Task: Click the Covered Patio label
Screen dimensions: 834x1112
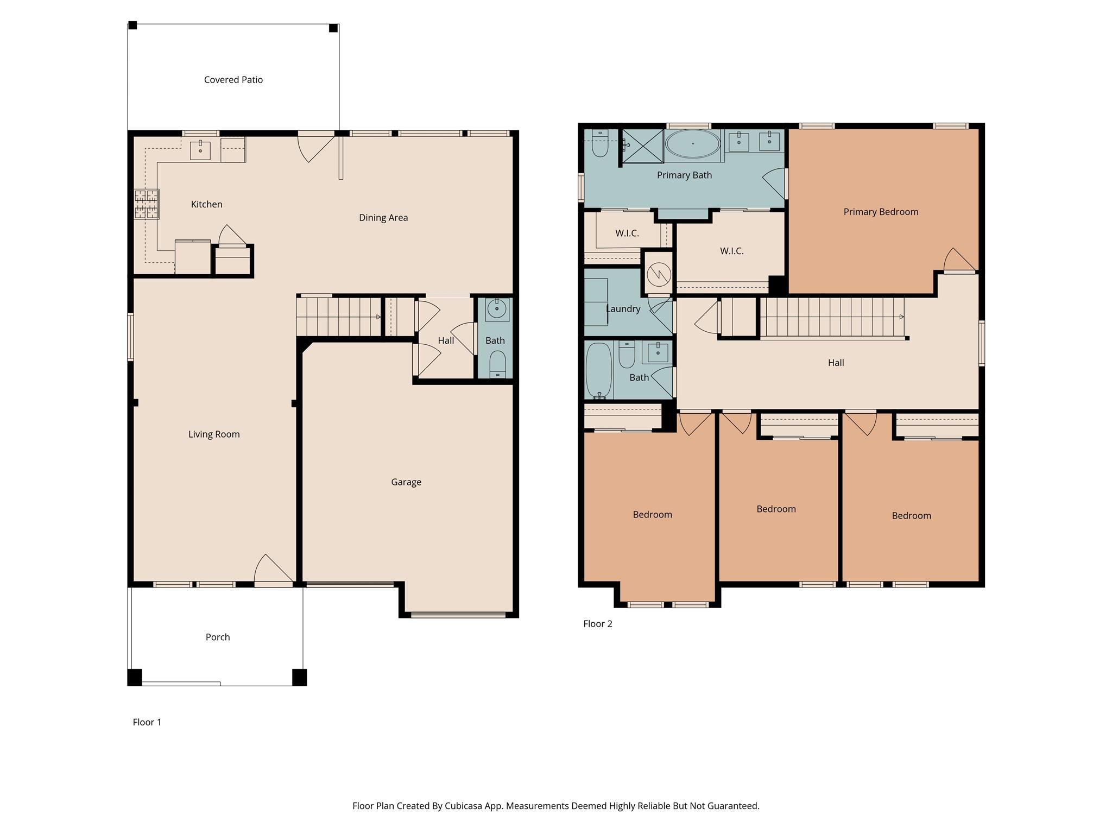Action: pos(233,80)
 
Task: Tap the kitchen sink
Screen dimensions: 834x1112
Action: pos(200,150)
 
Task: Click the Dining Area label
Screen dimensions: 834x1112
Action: pos(383,218)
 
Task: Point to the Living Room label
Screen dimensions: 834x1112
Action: pos(214,434)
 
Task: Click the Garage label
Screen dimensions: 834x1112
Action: pos(406,482)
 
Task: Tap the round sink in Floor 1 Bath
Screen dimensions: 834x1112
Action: pos(497,309)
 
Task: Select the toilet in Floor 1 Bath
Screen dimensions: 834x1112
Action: pos(497,363)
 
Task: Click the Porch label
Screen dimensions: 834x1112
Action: pos(218,637)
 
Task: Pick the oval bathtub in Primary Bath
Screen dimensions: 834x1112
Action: pos(693,144)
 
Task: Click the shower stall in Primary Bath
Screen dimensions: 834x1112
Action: pos(643,146)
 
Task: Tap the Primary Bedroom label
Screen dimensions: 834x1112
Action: pos(881,212)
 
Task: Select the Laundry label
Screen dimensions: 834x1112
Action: pos(623,309)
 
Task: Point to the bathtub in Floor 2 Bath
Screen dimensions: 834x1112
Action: pos(599,371)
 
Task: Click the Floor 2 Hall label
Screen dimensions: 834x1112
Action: pos(836,363)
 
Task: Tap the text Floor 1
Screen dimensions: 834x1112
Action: pos(147,722)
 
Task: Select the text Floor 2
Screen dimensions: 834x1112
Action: pos(598,624)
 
